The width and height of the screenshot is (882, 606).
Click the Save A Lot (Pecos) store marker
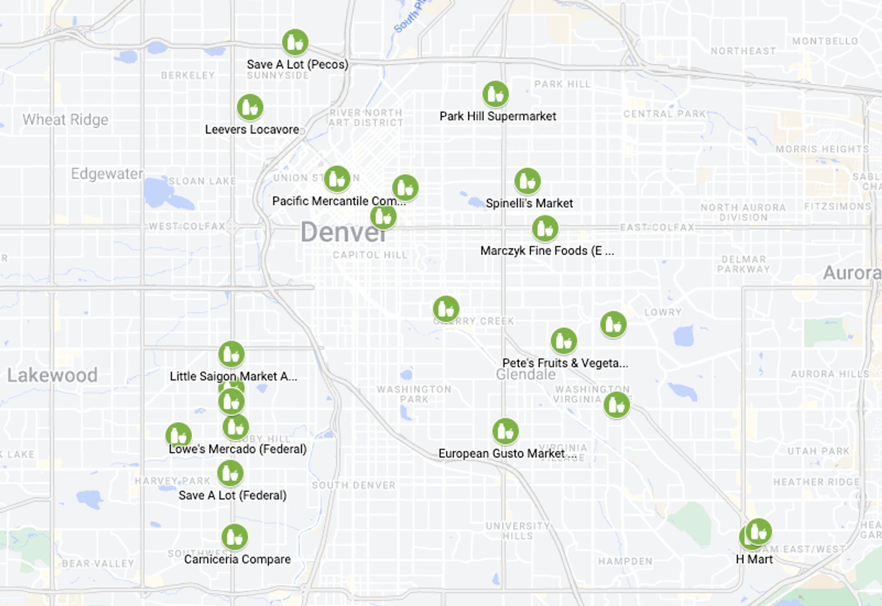tap(295, 42)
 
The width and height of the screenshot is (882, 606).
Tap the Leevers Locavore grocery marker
tap(250, 107)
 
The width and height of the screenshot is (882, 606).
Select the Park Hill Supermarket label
tap(498, 116)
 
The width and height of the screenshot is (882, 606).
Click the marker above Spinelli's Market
tap(527, 181)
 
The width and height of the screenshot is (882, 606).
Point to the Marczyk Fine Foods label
tap(547, 251)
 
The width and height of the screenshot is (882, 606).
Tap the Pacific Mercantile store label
tap(339, 201)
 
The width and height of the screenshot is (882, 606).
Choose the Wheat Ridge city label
tap(66, 120)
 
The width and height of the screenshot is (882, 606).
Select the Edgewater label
tap(107, 174)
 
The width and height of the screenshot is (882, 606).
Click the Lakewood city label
tap(52, 375)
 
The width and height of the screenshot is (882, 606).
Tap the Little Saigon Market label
tap(233, 377)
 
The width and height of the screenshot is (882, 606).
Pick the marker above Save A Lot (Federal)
tap(230, 473)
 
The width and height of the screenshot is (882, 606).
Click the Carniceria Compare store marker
tap(235, 537)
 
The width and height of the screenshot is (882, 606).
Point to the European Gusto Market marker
tap(505, 431)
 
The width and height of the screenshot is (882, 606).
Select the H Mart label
tap(754, 560)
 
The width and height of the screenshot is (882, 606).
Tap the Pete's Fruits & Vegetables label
tap(565, 363)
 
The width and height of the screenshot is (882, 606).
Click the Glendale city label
tap(526, 375)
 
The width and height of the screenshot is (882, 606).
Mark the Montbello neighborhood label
tap(825, 41)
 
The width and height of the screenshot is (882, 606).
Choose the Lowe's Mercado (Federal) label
tap(237, 449)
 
